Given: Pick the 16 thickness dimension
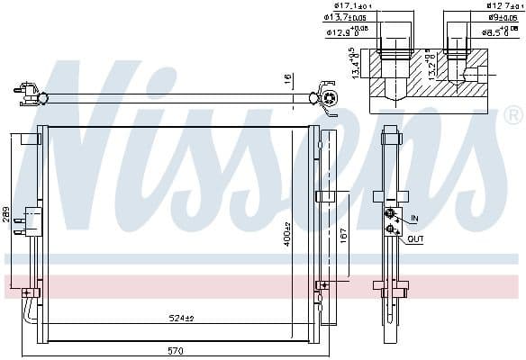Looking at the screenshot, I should point(287,80).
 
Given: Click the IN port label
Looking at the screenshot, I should point(414,218).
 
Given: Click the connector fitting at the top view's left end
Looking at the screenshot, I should point(28,89).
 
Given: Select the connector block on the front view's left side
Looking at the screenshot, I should point(33,220).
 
